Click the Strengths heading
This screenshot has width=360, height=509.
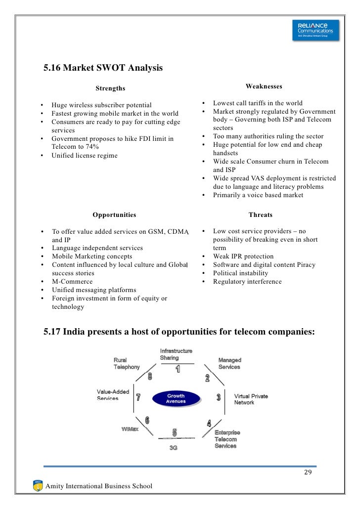pos(110,88)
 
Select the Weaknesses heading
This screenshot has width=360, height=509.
pos(264,86)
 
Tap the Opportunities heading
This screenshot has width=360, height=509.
pos(114,215)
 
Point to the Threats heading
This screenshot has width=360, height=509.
pos(260,215)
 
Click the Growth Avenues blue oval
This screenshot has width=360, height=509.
pos(176,399)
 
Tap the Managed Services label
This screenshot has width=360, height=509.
pos(229,363)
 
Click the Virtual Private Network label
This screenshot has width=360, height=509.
pos(251,399)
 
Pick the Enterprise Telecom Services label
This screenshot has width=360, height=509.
pos(225,439)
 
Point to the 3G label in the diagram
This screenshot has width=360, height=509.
pos(174,447)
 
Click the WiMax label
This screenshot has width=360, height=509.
pos(130,428)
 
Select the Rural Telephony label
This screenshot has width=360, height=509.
pos(127,364)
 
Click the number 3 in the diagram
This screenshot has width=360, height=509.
pos(219,397)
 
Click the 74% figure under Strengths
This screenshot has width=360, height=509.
pos(90,147)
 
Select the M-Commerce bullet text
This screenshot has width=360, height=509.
pos(72,282)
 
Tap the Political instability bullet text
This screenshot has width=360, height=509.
pos(240,273)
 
